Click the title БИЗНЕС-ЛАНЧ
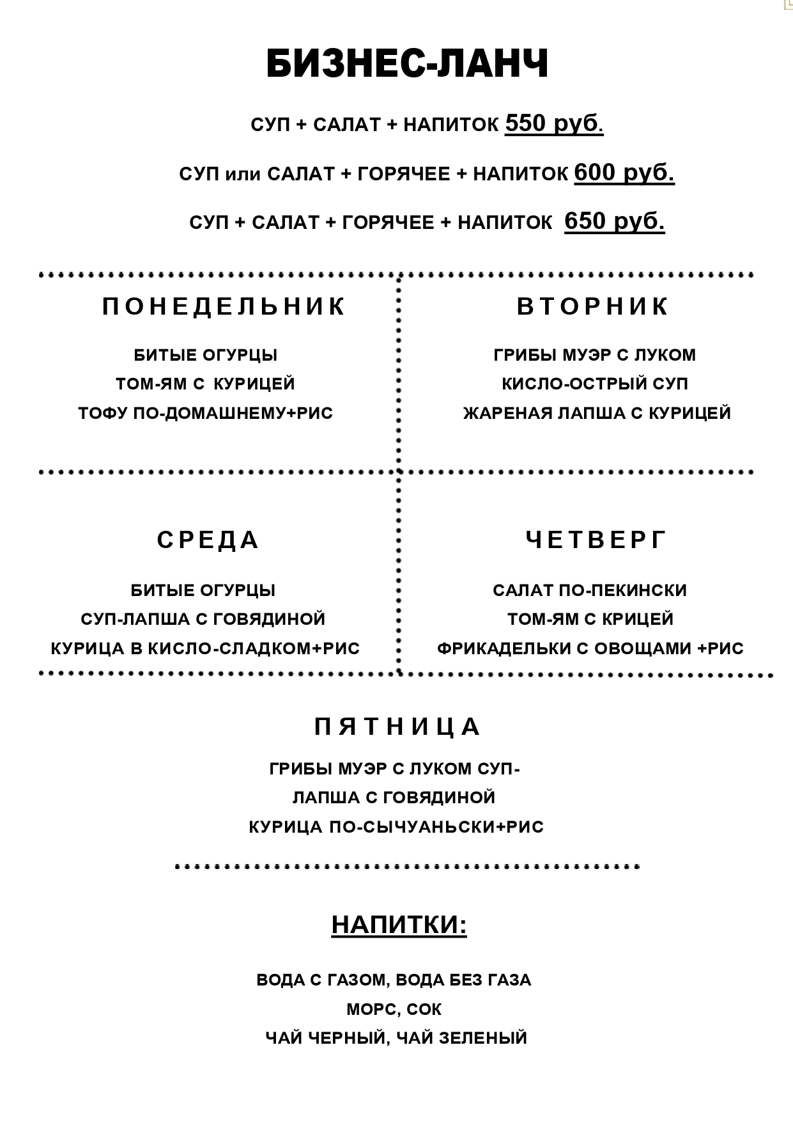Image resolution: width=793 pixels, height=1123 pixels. point(407,64)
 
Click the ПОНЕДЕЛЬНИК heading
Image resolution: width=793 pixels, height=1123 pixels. point(224,307)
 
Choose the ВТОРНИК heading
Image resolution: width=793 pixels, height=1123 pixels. point(592,306)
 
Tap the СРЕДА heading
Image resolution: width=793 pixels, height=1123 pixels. point(208,540)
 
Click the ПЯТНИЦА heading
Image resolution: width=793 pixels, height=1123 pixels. point(397,726)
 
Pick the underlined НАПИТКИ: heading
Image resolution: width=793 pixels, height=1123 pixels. point(399,925)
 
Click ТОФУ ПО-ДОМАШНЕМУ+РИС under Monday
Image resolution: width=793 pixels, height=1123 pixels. point(206,413)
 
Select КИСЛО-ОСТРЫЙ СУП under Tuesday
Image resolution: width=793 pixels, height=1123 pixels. point(595,384)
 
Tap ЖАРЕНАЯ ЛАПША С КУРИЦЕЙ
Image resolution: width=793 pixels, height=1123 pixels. point(597,413)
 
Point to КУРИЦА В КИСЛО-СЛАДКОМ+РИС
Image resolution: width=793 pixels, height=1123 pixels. point(206,648)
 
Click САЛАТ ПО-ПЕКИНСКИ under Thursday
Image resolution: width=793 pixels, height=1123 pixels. point(590,590)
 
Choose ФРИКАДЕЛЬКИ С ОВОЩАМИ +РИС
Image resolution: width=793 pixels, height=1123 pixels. point(590,648)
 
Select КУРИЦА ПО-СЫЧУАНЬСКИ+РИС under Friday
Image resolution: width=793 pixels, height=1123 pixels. point(396,827)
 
